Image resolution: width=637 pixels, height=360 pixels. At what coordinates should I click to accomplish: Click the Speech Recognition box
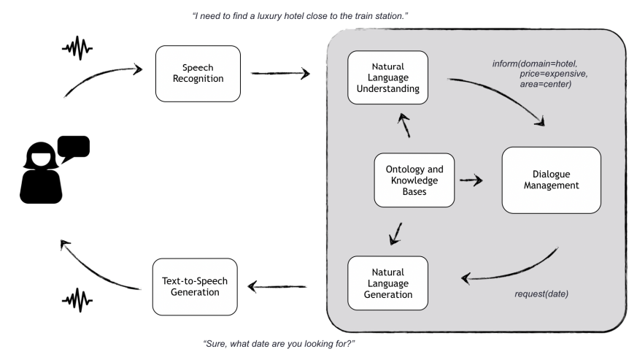(198, 74)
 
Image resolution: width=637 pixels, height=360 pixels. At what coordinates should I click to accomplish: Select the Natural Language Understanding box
(387, 77)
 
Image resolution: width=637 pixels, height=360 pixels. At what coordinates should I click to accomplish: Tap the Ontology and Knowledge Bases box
(414, 180)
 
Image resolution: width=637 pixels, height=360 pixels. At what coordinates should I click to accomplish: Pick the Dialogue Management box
(552, 180)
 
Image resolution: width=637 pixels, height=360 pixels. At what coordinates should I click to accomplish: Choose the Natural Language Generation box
(387, 283)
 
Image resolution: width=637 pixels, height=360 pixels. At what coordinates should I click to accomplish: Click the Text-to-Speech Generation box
(195, 287)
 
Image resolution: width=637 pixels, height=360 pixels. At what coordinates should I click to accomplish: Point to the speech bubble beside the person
(74, 148)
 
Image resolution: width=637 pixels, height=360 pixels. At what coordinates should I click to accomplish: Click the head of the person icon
(41, 156)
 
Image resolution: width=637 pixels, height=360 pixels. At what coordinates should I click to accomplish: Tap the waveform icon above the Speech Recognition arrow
(77, 48)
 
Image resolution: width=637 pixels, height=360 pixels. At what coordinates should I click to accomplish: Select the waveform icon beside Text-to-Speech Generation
(77, 301)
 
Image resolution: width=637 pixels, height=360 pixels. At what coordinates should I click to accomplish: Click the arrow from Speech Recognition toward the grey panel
(280, 73)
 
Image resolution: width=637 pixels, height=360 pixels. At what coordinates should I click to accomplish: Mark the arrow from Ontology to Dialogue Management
(471, 180)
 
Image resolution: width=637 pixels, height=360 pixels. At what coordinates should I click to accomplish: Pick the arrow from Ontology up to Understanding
(405, 126)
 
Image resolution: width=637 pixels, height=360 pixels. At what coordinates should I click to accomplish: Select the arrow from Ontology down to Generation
(395, 234)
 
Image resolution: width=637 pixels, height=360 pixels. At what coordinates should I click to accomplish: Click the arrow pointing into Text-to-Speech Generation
(277, 286)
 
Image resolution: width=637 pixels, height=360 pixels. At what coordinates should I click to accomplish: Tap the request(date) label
(541, 294)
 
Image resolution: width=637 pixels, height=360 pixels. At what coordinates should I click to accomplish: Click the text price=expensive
(554, 74)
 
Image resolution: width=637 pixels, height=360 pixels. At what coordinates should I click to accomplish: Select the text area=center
(546, 84)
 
